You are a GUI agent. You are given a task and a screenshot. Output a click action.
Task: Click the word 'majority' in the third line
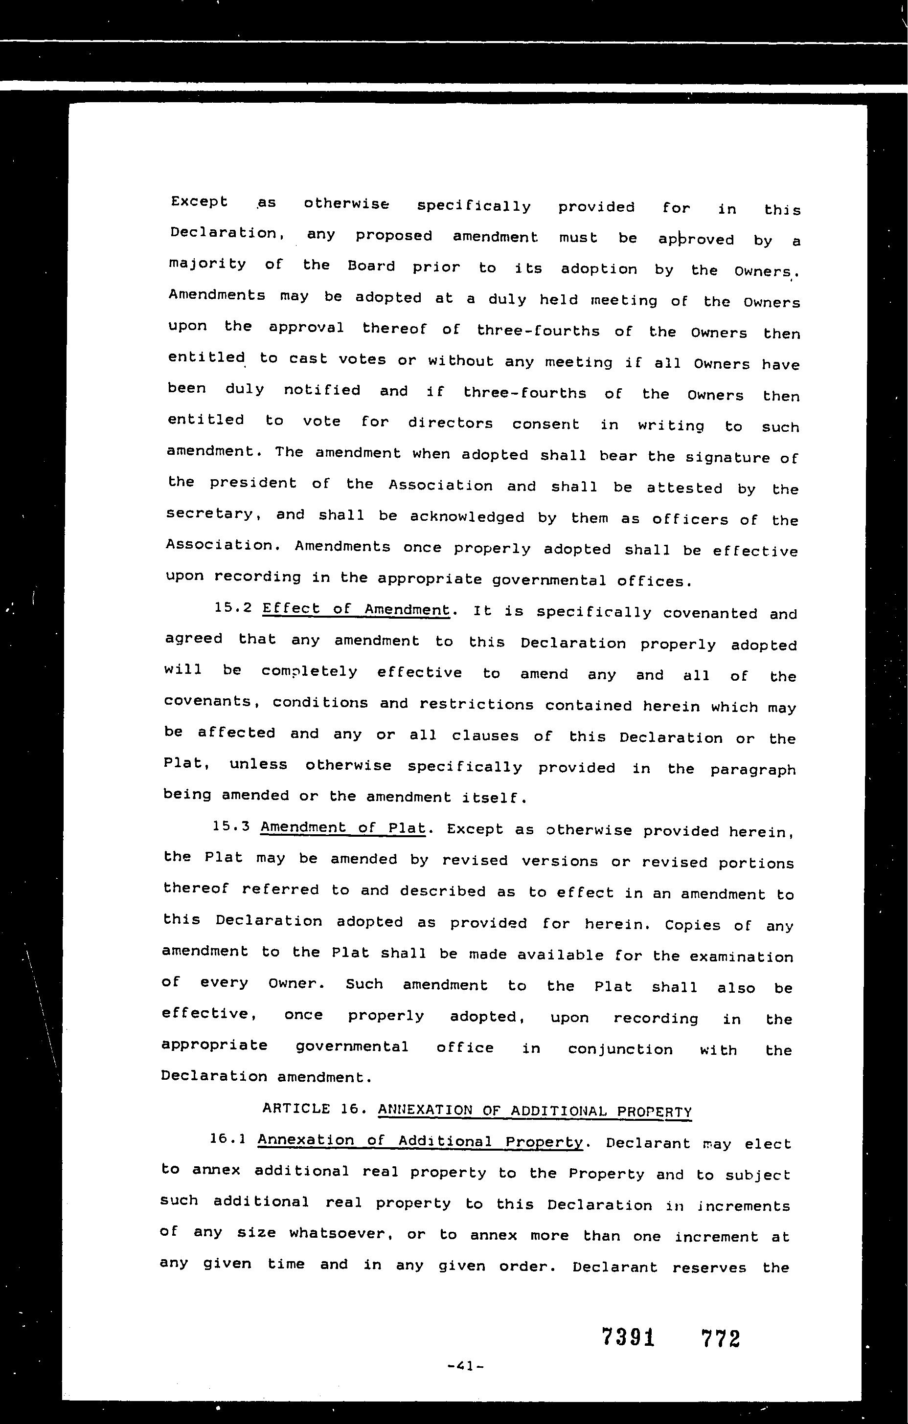coord(207,264)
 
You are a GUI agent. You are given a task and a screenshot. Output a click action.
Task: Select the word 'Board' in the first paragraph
coord(371,266)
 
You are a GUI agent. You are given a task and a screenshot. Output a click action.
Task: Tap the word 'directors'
coord(450,423)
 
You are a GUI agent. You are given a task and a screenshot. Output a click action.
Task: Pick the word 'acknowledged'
coord(467,517)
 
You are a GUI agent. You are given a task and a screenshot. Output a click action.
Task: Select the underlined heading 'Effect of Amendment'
coord(356,610)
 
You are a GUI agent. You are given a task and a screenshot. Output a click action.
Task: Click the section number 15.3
coord(231,825)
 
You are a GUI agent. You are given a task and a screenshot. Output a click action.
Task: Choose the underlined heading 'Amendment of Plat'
coord(342,827)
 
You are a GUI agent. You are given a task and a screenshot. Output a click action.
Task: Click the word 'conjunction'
coord(620,1050)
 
